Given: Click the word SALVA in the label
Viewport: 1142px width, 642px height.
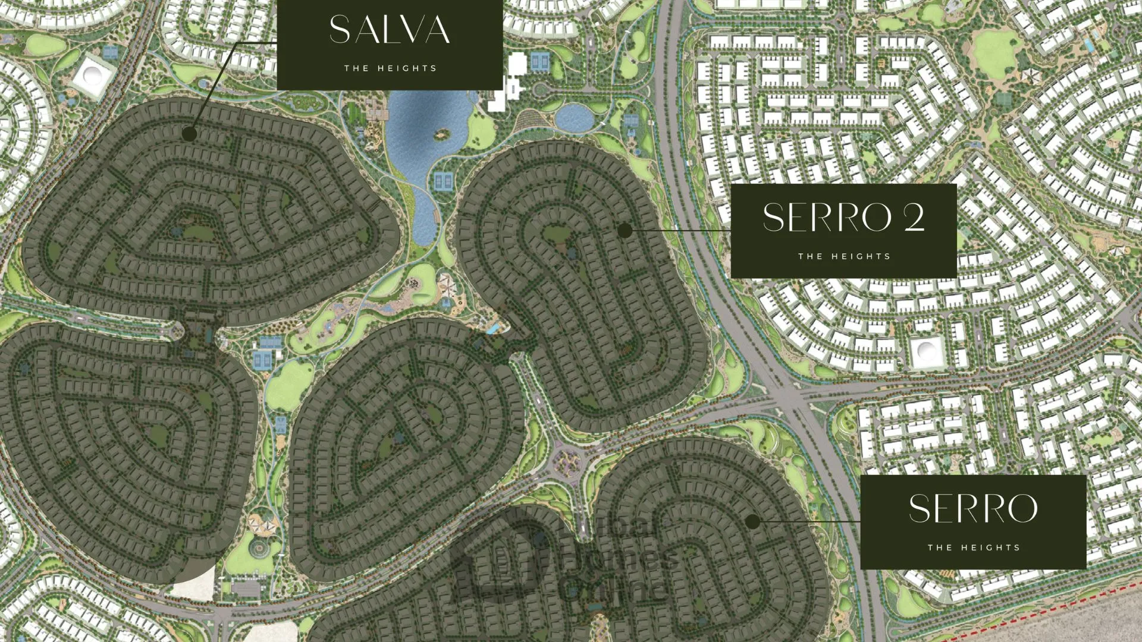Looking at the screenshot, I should [390, 30].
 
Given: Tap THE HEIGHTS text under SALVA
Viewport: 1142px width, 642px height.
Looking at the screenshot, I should [390, 68].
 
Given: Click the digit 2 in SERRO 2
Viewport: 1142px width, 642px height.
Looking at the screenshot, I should [914, 217].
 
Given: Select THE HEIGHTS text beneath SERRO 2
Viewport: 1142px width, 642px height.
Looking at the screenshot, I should [844, 256].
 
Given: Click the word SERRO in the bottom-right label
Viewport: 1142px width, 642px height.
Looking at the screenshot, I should [973, 509].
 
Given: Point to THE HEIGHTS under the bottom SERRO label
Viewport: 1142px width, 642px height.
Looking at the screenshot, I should [974, 547].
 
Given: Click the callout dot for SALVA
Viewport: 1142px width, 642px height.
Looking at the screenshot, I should [189, 134].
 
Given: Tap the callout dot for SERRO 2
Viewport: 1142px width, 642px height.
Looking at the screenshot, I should [625, 231].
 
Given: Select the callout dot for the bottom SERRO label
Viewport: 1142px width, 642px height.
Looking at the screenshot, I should [752, 521].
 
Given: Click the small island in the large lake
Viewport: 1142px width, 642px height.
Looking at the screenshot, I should [441, 134].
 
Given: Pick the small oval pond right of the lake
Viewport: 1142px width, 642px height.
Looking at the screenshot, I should [574, 117].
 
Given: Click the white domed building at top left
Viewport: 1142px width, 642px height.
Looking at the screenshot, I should [93, 74].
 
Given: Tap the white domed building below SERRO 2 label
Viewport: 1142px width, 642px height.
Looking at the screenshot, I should [927, 352].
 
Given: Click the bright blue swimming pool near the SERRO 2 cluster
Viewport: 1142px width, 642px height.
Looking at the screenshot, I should [493, 328].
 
